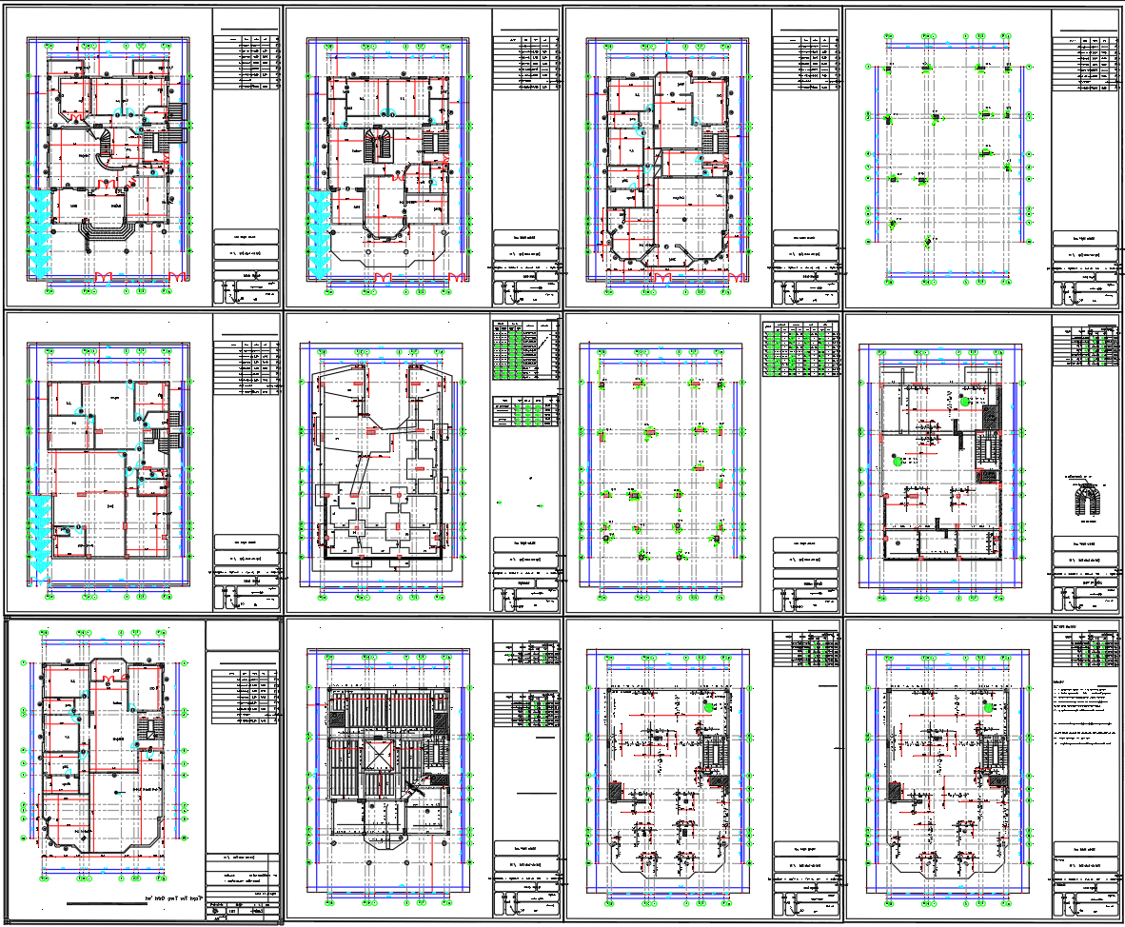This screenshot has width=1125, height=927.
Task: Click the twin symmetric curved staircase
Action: pyautogui.click(x=385, y=146)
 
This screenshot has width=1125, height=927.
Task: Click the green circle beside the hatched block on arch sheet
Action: pyautogui.click(x=964, y=403)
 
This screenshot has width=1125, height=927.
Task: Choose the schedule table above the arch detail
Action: pyautogui.click(x=1094, y=347)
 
